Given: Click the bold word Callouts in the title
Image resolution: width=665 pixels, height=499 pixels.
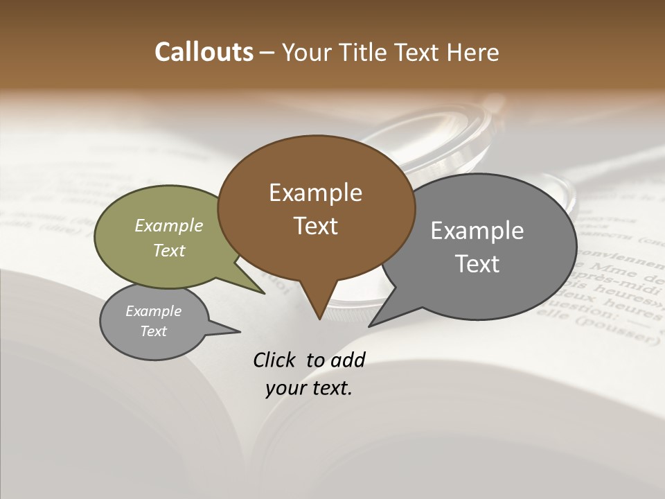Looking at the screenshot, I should click(204, 52).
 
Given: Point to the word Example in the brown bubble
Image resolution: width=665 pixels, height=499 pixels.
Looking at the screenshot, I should click(315, 193).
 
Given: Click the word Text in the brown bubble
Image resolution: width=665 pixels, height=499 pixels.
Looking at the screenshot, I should click(315, 226).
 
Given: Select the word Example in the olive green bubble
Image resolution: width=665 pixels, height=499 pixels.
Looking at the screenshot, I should click(169, 225).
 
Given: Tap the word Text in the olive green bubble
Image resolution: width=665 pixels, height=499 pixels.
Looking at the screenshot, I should click(169, 250).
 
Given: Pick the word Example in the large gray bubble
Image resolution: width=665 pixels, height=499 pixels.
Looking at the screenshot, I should click(477, 231).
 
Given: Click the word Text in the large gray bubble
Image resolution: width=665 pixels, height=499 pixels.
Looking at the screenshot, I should click(477, 264).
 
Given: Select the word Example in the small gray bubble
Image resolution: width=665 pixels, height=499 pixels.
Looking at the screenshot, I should click(154, 311).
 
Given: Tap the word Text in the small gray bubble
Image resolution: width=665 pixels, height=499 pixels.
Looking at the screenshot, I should click(154, 331).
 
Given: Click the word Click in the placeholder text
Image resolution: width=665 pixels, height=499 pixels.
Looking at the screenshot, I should click(275, 360).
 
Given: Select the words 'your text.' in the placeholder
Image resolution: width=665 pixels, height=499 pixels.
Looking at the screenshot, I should click(309, 388).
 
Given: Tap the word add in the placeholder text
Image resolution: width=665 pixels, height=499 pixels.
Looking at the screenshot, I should click(348, 360).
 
